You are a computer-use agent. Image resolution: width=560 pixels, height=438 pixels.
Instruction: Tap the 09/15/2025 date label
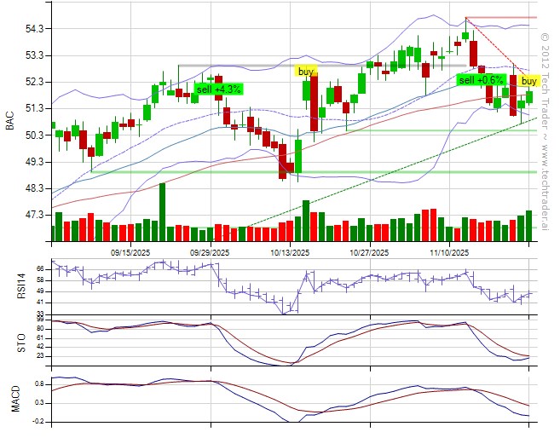(x=131, y=253)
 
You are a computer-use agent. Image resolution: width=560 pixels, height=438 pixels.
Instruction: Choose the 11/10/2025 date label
(x=449, y=253)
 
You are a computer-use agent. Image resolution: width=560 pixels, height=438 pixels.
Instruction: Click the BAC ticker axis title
(x=10, y=122)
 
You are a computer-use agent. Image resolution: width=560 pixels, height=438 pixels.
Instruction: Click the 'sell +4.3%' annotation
(x=219, y=89)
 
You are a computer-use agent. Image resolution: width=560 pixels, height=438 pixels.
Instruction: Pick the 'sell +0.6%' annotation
(x=481, y=80)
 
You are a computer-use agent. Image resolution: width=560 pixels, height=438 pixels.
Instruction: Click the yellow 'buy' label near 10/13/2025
(x=305, y=71)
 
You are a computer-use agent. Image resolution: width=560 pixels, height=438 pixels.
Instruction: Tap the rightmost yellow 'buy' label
(x=529, y=80)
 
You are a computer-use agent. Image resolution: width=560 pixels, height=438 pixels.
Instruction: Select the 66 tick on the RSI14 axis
(x=40, y=267)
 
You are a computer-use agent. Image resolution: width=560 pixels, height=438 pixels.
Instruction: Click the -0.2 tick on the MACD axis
(x=38, y=422)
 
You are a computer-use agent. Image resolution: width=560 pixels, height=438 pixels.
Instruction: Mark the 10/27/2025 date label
(x=369, y=253)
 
